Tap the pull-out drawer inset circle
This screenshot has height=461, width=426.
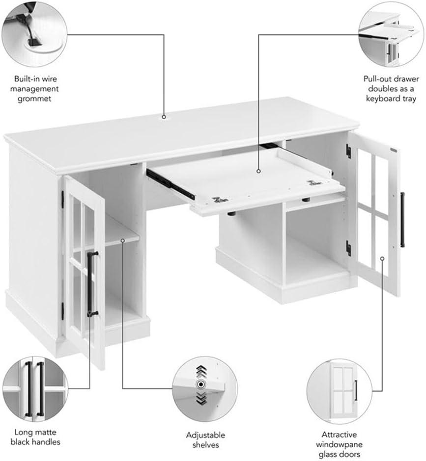tap(392, 34)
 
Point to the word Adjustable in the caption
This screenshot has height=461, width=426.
tap(205, 435)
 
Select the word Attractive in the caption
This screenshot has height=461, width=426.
tap(339, 434)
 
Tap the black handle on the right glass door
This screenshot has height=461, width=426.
tap(402, 220)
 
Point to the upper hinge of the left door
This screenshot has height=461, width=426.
tap(62, 197)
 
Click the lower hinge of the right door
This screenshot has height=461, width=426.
tap(348, 248)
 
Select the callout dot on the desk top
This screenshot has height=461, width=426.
tap(164, 117)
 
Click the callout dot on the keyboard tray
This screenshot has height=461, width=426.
tap(259, 171)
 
